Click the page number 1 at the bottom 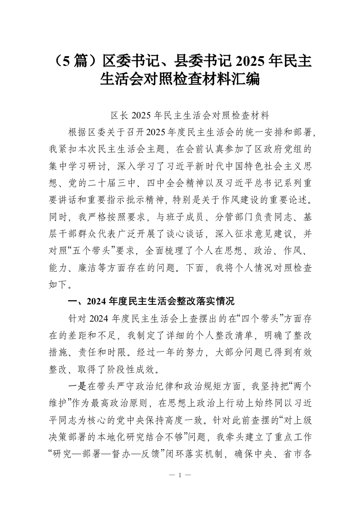pyautogui.click(x=180, y=475)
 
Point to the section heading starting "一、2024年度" pyautogui.click(x=150, y=301)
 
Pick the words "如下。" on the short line pyautogui.click(x=59, y=285)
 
